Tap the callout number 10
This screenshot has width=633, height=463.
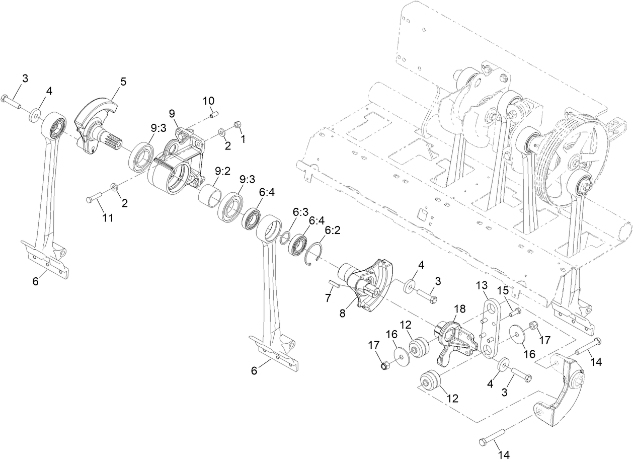point(208,100)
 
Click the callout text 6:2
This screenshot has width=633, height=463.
point(333,231)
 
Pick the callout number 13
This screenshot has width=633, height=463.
point(481,286)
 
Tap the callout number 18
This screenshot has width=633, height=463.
point(460,308)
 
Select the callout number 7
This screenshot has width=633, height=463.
point(328,298)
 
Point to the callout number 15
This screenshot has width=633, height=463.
point(503,291)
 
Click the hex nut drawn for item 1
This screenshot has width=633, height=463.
point(238,125)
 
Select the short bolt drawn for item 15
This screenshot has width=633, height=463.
point(514,314)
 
